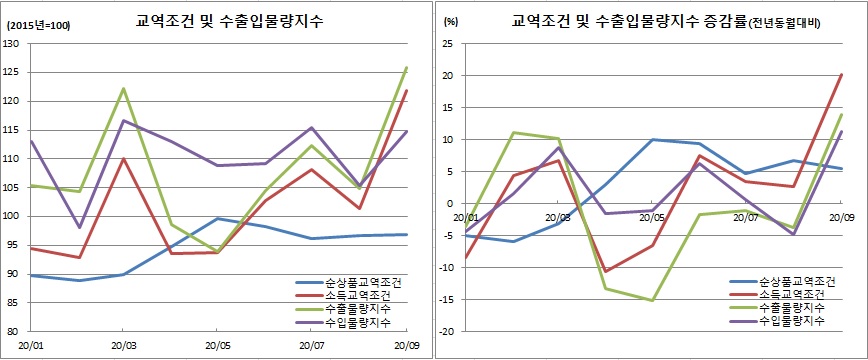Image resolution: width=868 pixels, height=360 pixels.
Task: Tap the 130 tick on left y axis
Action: tap(13, 44)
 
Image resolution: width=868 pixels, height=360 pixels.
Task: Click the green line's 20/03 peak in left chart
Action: tap(123, 88)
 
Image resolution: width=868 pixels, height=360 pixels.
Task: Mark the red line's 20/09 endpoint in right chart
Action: tap(840, 75)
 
